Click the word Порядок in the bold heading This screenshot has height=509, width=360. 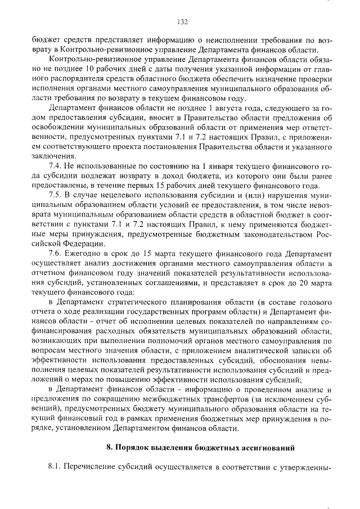[x=133, y=448]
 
